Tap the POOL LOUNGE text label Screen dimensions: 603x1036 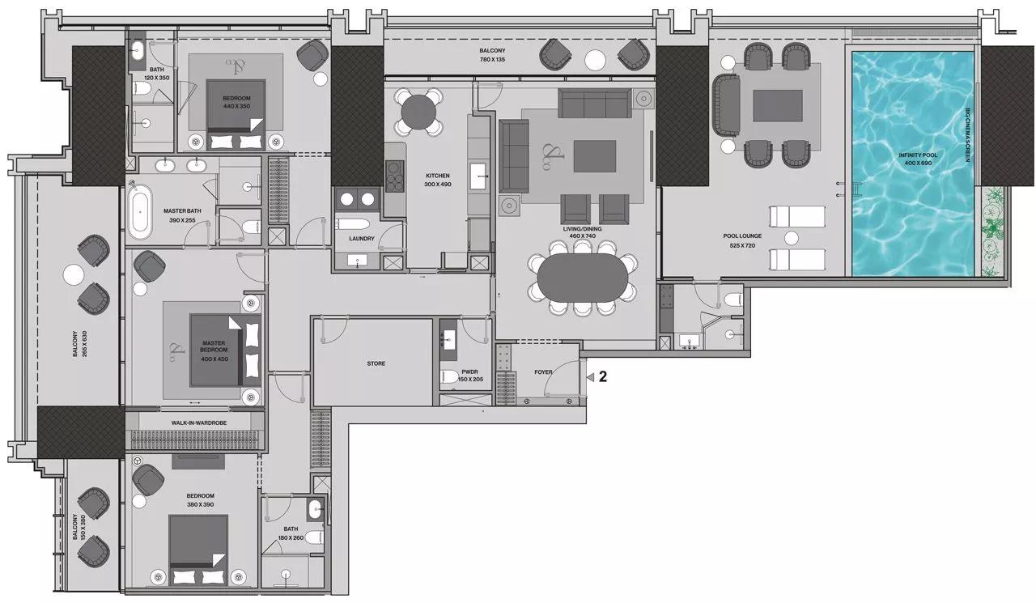(x=738, y=240)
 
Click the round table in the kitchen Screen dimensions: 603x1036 (x=418, y=112)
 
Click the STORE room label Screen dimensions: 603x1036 (x=376, y=363)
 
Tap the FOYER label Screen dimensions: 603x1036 (x=543, y=372)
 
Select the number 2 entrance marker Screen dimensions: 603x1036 (x=601, y=376)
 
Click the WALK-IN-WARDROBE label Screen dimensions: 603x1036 (x=194, y=423)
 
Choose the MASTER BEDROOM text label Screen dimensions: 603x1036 (x=214, y=348)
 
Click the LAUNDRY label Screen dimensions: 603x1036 (x=361, y=239)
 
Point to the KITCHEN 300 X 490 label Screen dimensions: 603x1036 (x=438, y=180)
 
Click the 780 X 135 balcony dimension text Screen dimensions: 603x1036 (x=491, y=60)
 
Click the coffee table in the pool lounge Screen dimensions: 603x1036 (x=777, y=105)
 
